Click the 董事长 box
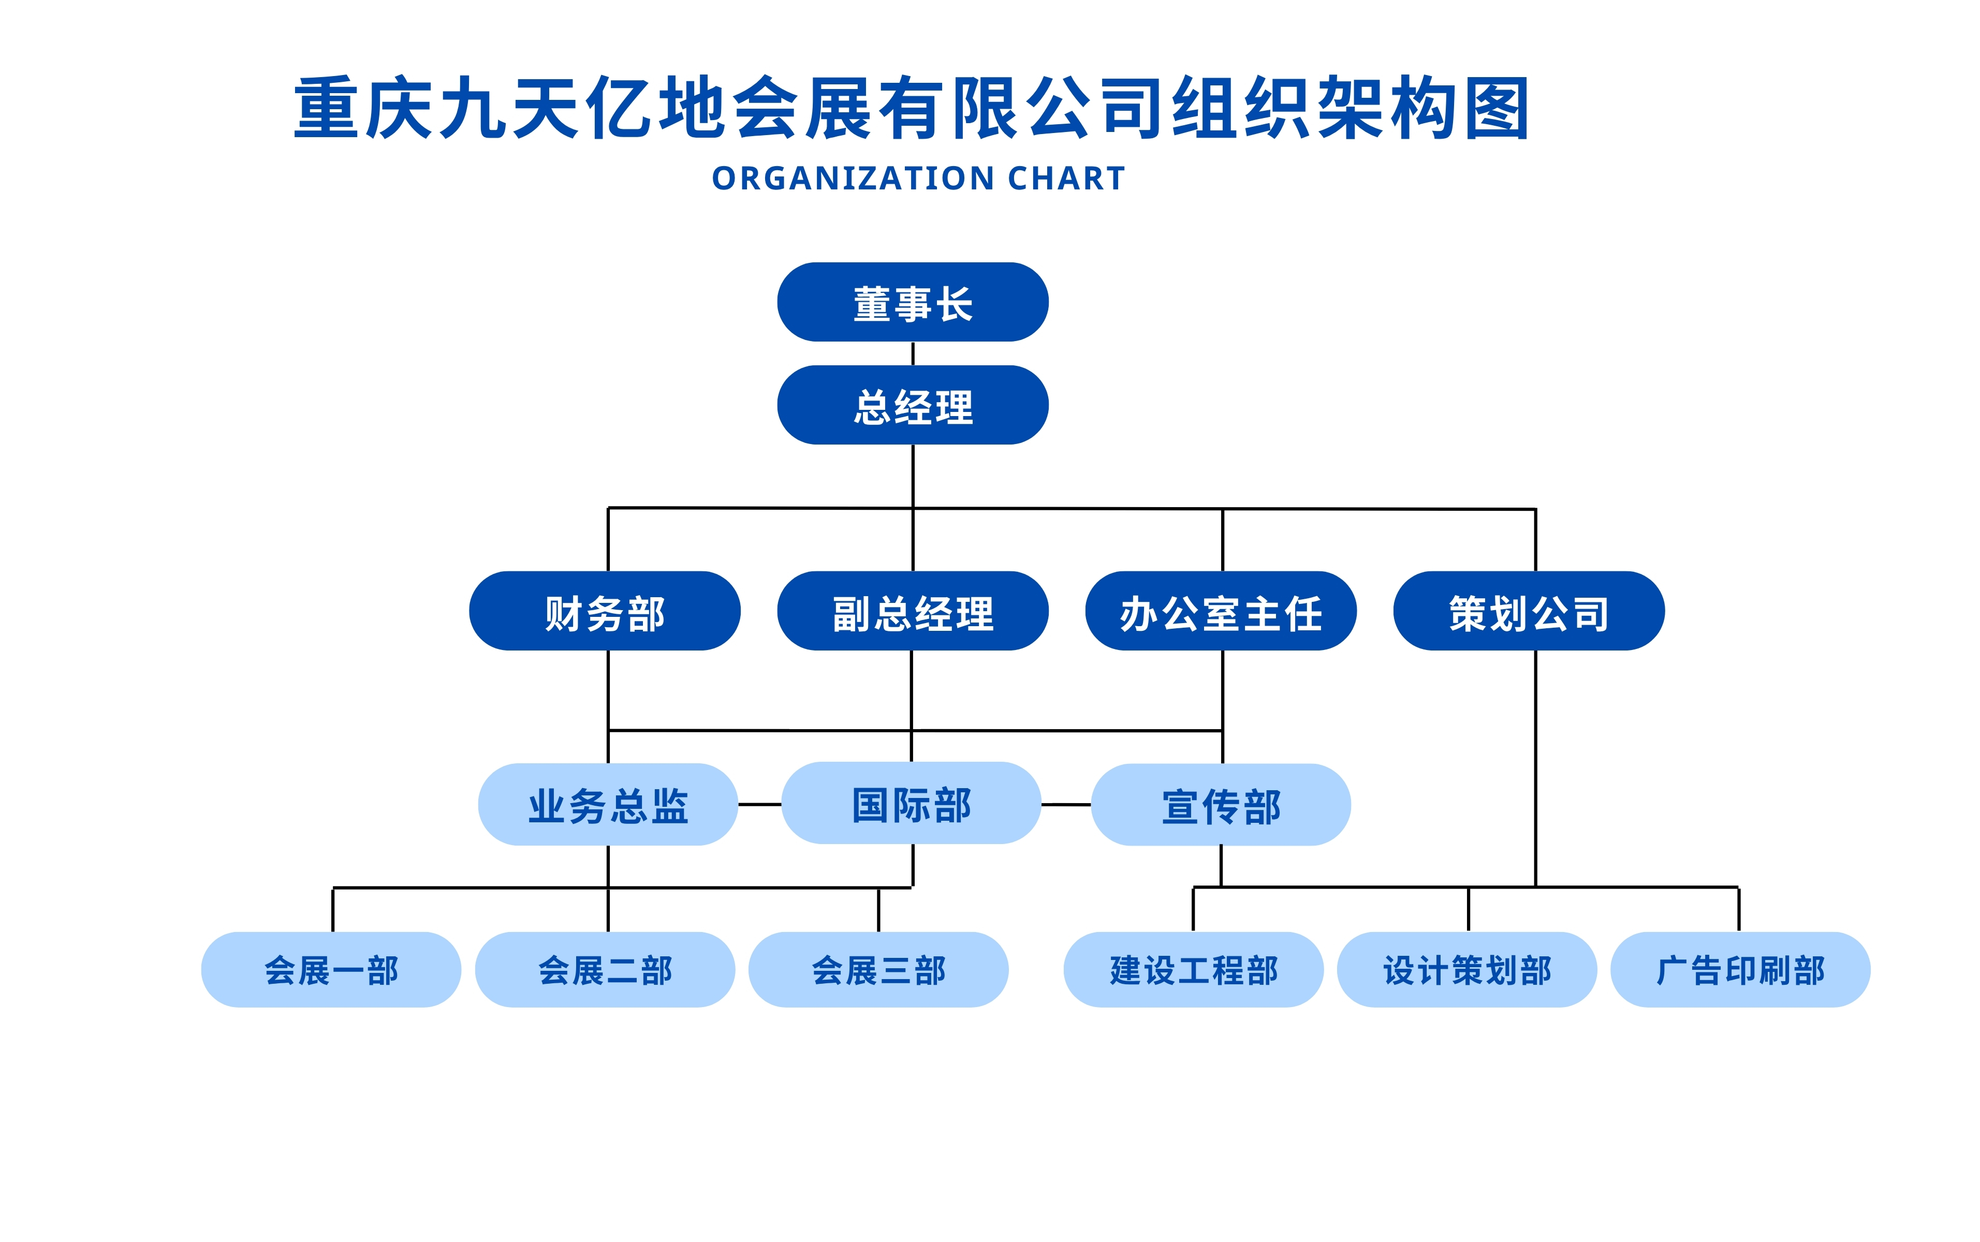912,302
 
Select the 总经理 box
912,405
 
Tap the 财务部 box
605,610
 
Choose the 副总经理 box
912,610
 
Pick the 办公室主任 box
1221,610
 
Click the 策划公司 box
1529,610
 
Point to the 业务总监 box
608,804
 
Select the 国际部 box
911,803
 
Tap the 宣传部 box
1221,804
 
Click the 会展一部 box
331,969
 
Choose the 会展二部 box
605,969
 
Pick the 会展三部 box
878,969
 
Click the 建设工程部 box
1193,969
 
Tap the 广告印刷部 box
1740,969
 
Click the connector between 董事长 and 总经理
913,353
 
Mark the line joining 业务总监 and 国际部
760,804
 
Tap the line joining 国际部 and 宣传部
1066,804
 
